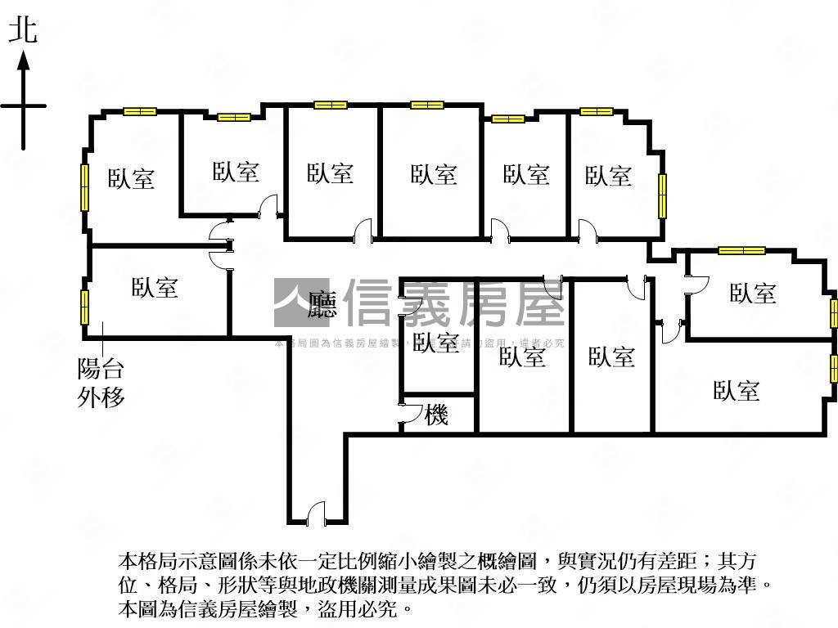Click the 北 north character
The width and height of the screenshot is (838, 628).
[x=22, y=31]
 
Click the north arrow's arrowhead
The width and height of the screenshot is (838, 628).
[x=24, y=61]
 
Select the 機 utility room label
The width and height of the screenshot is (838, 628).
[x=436, y=415]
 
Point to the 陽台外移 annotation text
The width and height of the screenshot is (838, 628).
[x=101, y=383]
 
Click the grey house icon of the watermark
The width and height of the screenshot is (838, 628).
[x=300, y=303]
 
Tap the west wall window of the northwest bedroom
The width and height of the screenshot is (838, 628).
[x=84, y=187]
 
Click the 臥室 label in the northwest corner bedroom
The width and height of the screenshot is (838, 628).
[x=131, y=178]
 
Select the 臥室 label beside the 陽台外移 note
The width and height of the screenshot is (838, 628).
[x=155, y=287]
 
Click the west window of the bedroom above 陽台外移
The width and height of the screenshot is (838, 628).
[x=84, y=306]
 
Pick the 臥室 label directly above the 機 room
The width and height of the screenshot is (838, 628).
[x=435, y=342]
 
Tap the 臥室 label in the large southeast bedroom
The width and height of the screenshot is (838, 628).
[x=736, y=391]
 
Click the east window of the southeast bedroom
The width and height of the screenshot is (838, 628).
[x=834, y=369]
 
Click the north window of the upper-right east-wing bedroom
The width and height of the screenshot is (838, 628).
[x=741, y=250]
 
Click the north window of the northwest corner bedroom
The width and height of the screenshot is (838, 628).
[x=140, y=111]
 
